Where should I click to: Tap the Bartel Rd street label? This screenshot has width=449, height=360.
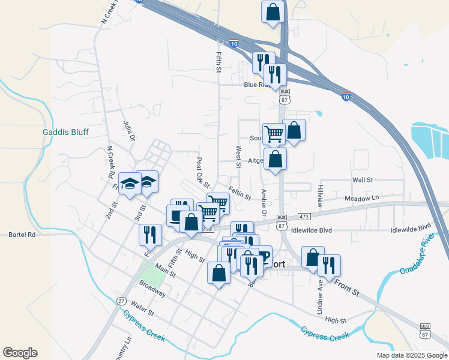point(23,235)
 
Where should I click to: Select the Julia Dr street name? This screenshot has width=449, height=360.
point(128,130)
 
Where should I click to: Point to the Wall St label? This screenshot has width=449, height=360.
point(363,179)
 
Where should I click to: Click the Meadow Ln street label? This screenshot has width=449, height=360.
point(362,198)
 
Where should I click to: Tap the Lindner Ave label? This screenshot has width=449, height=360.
point(319,296)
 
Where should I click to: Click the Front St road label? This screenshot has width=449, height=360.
point(346,287)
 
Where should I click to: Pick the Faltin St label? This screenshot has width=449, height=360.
point(239,194)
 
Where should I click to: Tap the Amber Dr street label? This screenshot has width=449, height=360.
point(263,202)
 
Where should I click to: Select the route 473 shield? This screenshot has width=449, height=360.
point(303,216)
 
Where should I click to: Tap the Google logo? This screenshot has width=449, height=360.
point(20,353)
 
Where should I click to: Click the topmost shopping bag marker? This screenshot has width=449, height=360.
point(273,12)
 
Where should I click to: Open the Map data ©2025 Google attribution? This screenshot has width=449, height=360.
point(411,355)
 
